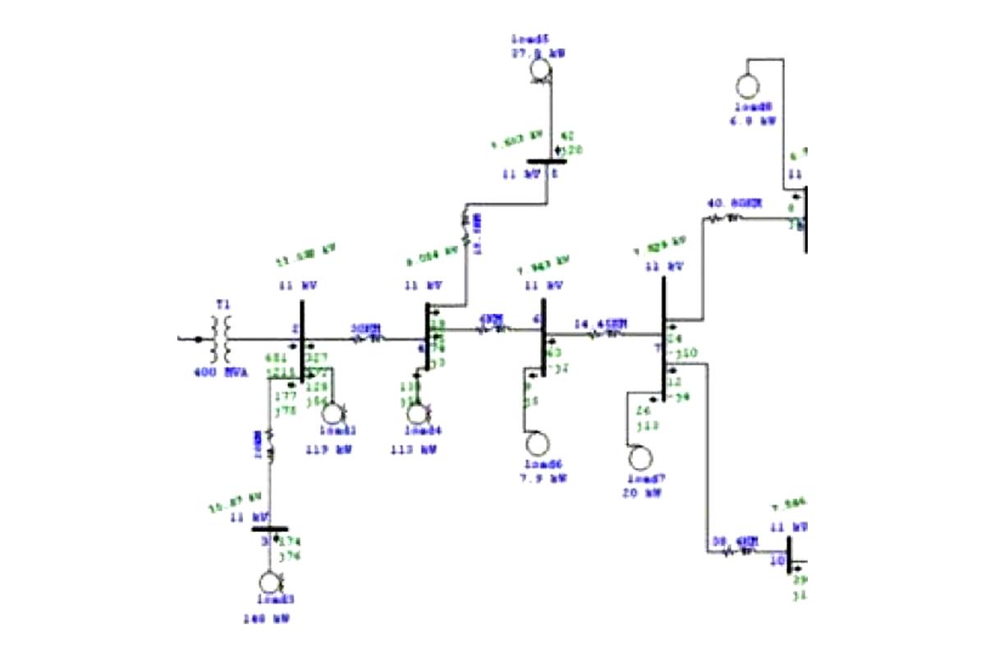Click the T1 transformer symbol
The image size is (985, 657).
pyautogui.click(x=222, y=338)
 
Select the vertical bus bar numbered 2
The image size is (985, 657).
pyautogui.click(x=302, y=341)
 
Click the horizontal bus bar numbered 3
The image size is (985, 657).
pyautogui.click(x=269, y=530)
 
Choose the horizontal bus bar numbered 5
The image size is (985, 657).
pyautogui.click(x=547, y=162)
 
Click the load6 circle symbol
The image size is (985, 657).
pyautogui.click(x=537, y=443)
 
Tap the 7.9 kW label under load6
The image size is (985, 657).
pyautogui.click(x=546, y=477)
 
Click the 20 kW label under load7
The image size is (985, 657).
pyautogui.click(x=643, y=493)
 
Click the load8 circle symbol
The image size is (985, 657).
pyautogui.click(x=749, y=86)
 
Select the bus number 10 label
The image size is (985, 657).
pyautogui.click(x=778, y=563)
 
